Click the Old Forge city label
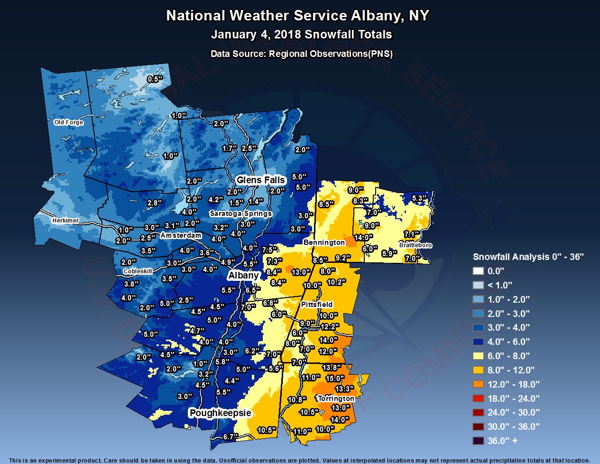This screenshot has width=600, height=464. point(68,122)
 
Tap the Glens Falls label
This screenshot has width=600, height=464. point(260,180)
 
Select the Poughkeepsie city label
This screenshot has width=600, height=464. point(220,413)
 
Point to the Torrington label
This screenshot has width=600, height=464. point(336,399)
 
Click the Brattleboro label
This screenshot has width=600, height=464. point(415,245)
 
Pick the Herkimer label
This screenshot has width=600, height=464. point(65,221)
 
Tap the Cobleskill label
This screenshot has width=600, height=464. point(138,271)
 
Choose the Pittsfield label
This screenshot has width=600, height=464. point(317,305)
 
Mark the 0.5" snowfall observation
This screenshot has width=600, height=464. point(155,79)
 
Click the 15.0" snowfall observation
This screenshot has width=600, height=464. point(334,379)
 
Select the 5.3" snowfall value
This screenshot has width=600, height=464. point(419,198)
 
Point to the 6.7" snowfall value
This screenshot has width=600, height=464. point(231,437)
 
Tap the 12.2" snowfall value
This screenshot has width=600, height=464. point(330,327)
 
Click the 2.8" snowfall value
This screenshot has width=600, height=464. point(155,203)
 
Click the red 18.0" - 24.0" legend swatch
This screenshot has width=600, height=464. point(478,399)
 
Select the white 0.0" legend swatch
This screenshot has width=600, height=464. point(478,271)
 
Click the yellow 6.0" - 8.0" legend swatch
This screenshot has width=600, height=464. point(478,356)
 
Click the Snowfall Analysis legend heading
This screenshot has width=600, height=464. point(528,257)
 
